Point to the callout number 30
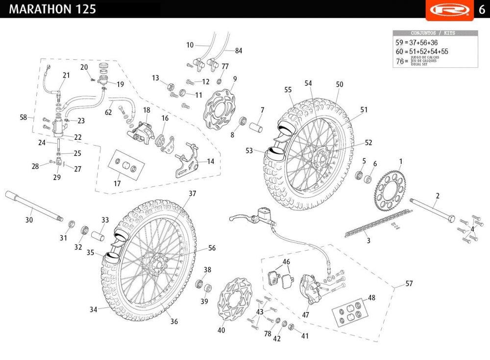(29, 220)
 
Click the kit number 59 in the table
(399, 43)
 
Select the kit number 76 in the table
(399, 61)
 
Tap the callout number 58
(23, 117)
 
